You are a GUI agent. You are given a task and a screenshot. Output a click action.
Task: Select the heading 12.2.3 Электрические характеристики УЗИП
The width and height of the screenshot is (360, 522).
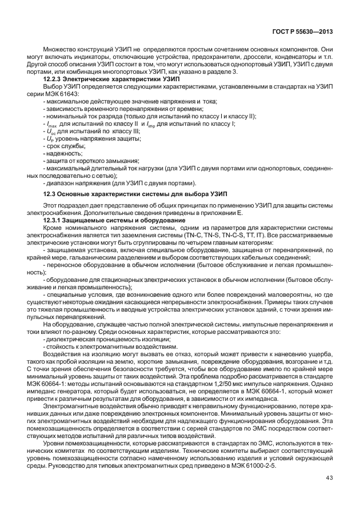tap(95, 78)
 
